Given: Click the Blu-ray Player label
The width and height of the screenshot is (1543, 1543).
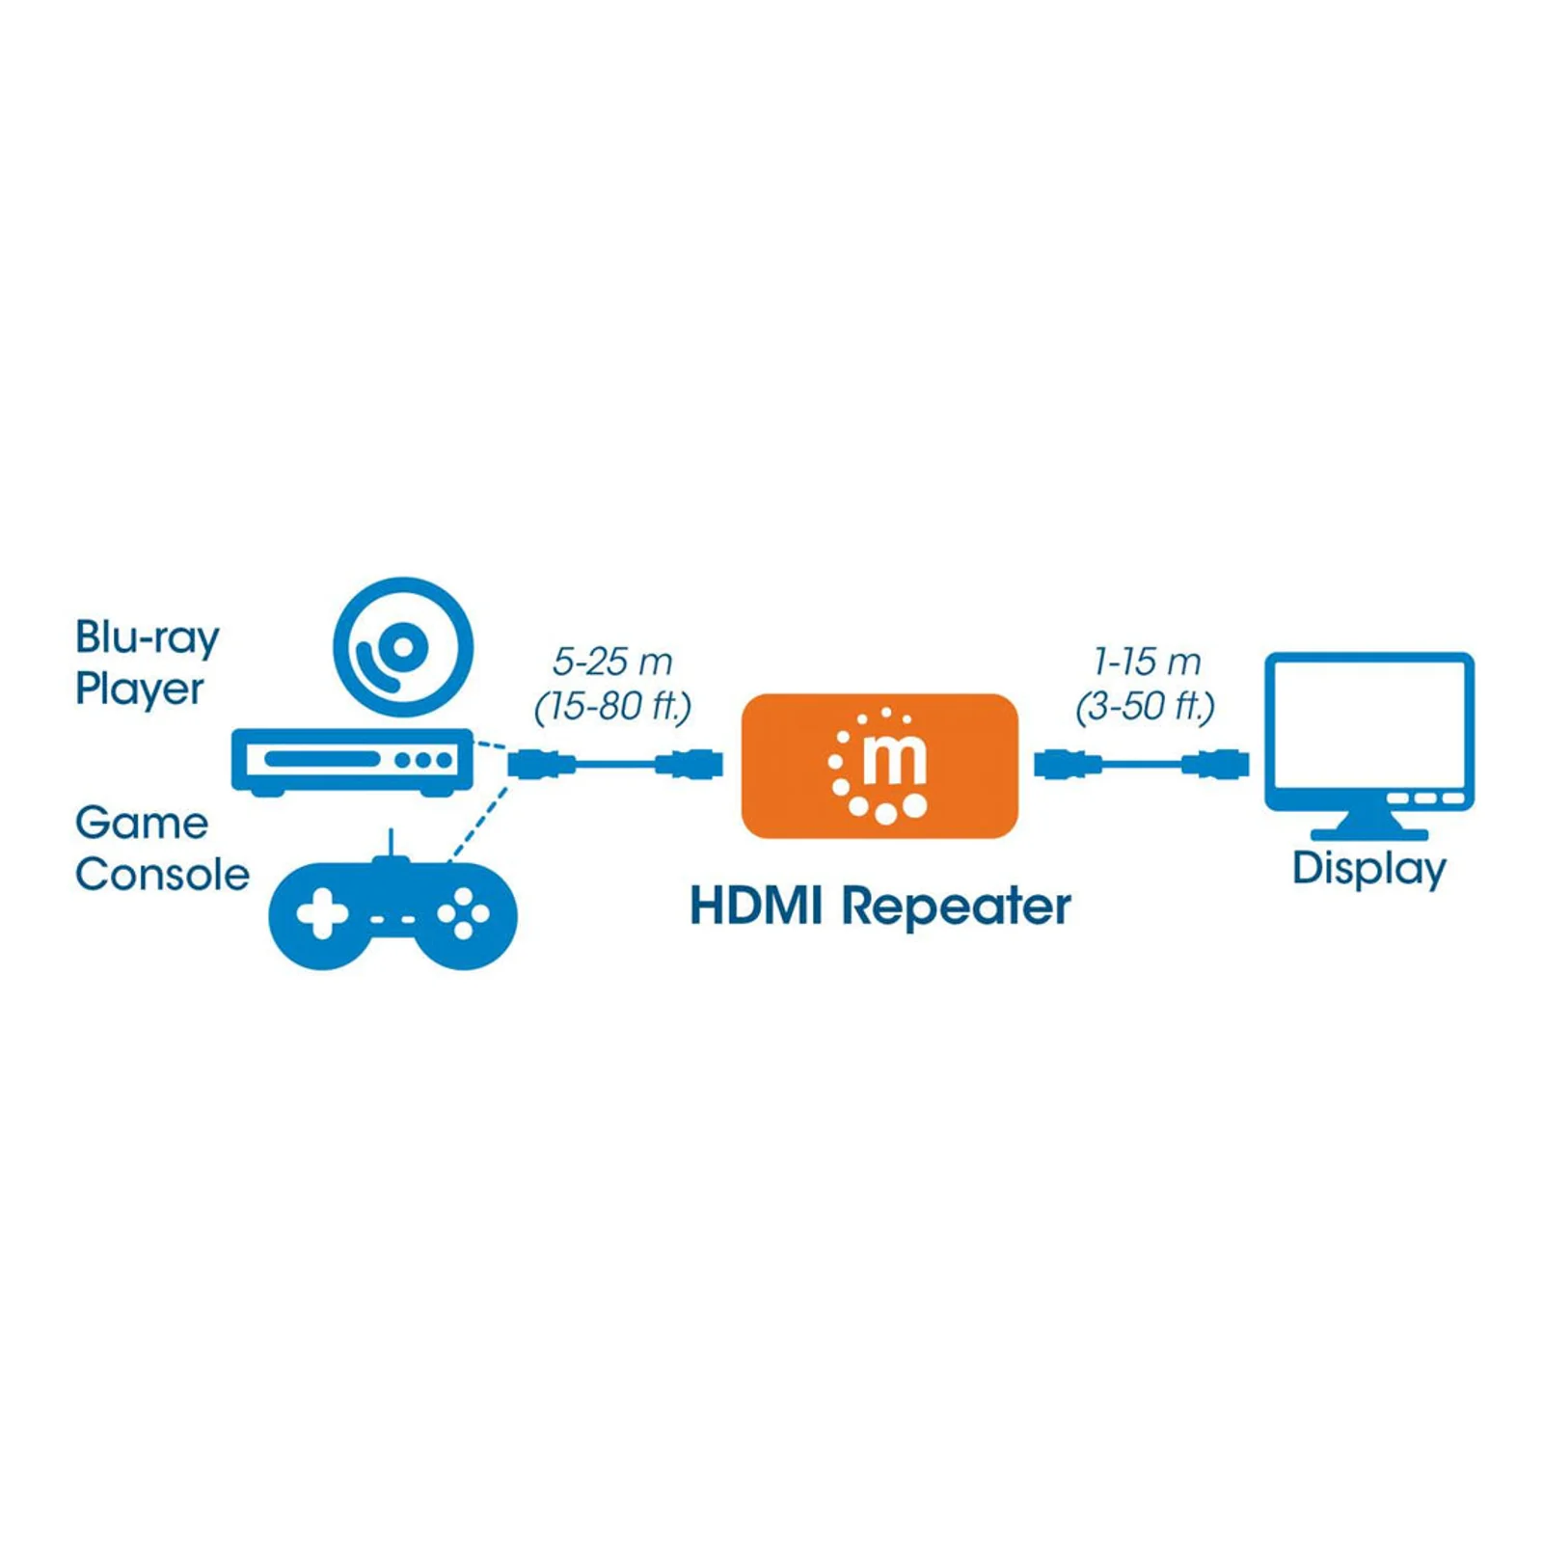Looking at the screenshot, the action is (x=148, y=663).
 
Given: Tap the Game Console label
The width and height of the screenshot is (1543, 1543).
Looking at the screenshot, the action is (x=162, y=849).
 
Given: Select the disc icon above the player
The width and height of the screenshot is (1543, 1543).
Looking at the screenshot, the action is (x=403, y=647).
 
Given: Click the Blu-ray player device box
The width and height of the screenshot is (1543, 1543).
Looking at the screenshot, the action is (x=352, y=762).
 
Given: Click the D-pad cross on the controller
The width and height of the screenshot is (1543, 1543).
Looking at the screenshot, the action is (x=322, y=913).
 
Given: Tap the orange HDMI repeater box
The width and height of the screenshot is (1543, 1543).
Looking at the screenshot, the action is (x=880, y=766).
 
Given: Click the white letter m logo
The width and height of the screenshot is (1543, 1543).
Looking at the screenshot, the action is (x=894, y=761).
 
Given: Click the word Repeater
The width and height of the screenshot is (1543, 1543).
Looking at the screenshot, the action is (x=956, y=907).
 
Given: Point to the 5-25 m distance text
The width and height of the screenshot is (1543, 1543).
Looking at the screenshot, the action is (x=612, y=662).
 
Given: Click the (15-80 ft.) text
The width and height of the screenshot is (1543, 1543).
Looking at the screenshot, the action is (x=612, y=707).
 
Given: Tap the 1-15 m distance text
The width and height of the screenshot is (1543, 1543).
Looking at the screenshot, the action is (x=1147, y=662).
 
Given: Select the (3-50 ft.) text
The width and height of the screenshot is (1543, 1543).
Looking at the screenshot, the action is (x=1145, y=707).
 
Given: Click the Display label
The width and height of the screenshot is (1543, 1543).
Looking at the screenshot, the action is (x=1369, y=869).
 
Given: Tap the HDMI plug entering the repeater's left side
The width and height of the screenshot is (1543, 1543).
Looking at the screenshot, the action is (x=690, y=765).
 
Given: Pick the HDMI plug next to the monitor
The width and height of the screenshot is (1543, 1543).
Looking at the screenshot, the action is (x=1216, y=765).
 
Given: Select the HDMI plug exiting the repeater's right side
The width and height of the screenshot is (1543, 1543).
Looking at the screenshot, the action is (x=1068, y=765).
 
